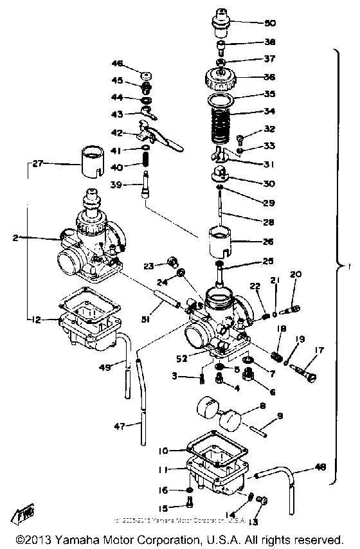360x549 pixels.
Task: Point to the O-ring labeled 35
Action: coord(222,99)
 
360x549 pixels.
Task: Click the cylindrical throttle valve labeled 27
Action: coord(91,165)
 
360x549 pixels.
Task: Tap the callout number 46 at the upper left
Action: coord(117,64)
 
